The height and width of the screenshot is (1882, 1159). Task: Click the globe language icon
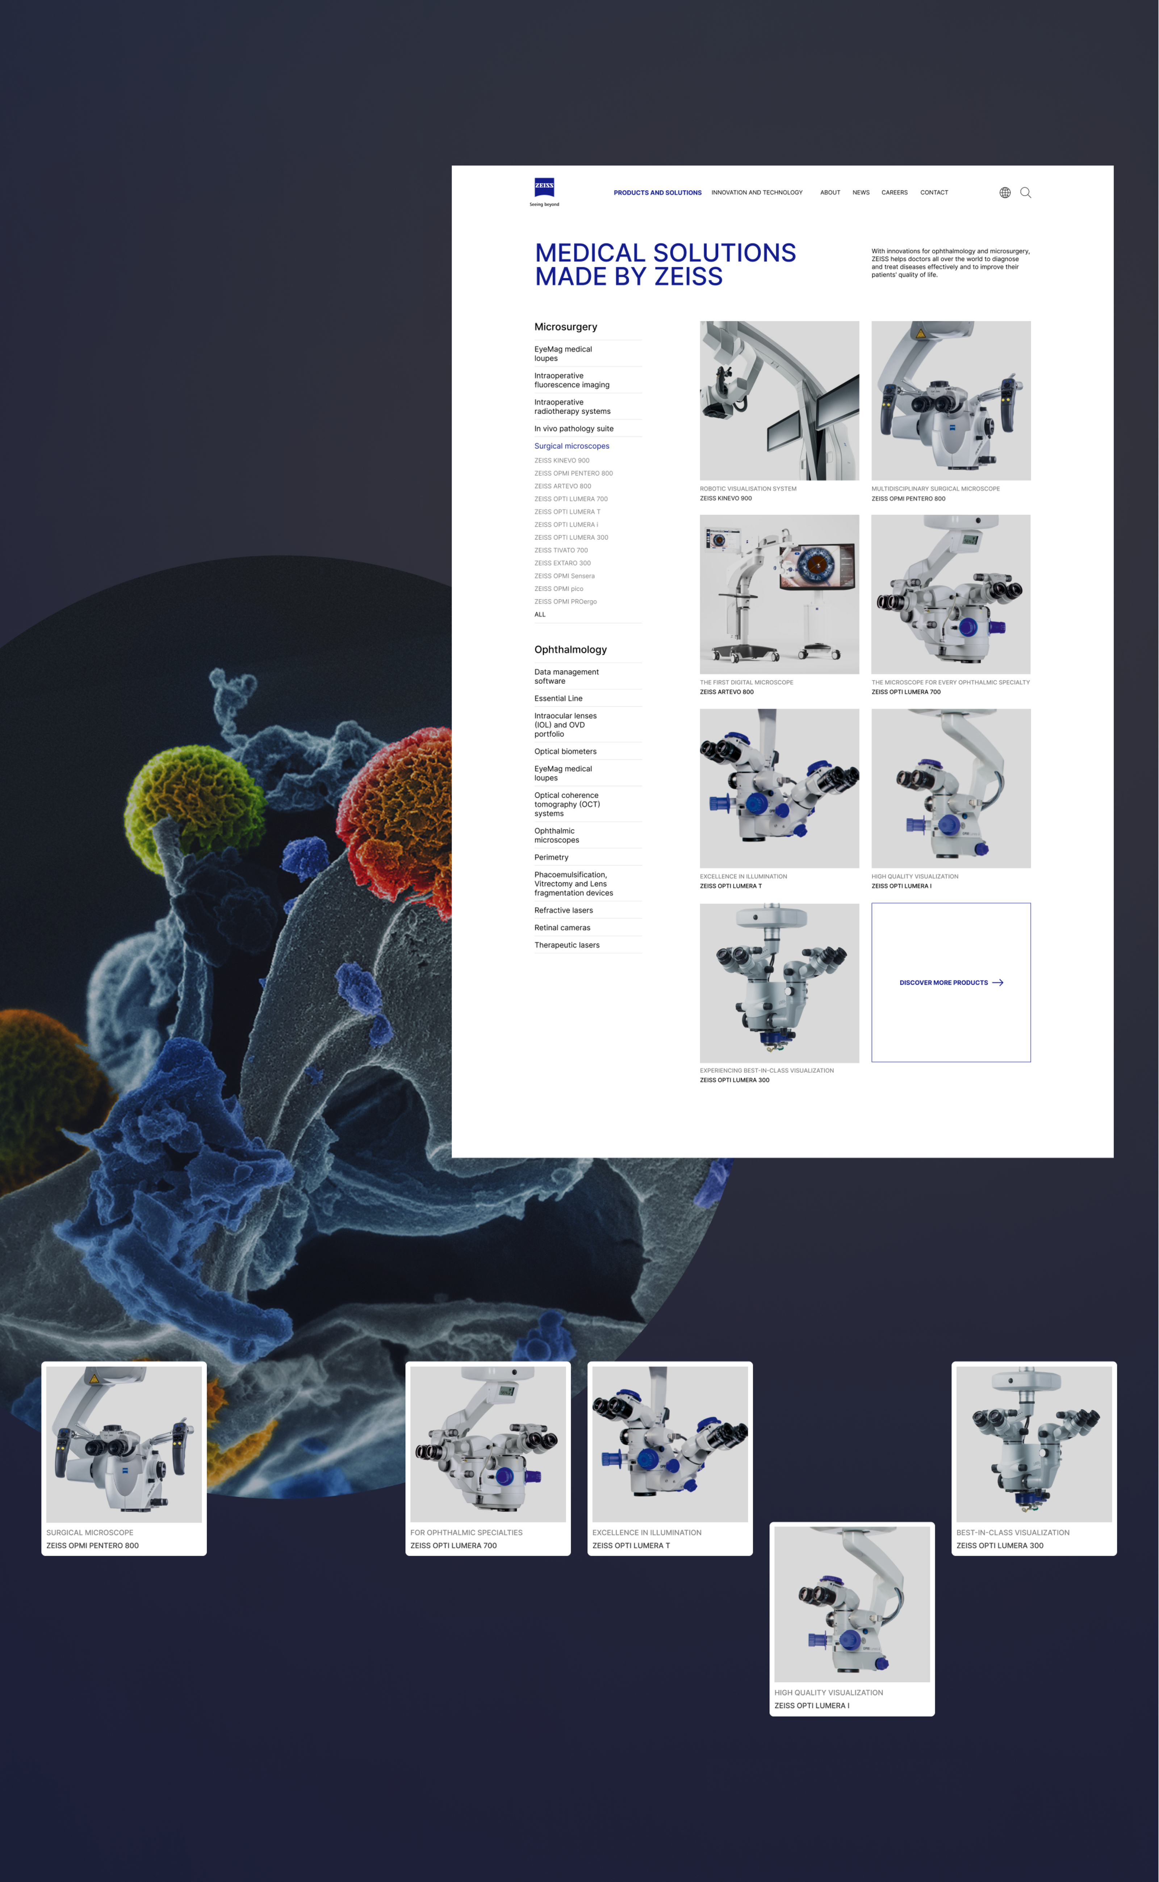(x=1005, y=192)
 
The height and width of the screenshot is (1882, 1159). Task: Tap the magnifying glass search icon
(x=1026, y=192)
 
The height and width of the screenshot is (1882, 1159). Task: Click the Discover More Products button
(x=950, y=982)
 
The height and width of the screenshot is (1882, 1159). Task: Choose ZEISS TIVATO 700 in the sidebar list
(x=561, y=550)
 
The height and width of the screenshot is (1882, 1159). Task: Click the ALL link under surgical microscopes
(x=540, y=614)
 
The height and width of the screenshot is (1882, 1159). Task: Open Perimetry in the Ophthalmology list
(x=551, y=857)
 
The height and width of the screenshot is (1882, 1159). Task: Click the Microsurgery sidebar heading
(x=566, y=326)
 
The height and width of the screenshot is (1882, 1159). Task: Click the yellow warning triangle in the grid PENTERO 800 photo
(x=921, y=333)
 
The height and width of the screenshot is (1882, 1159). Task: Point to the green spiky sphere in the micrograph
(x=196, y=797)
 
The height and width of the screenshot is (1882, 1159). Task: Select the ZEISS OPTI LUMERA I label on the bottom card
(x=812, y=1706)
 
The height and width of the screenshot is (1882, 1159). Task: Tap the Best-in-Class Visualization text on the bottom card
(x=1013, y=1532)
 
